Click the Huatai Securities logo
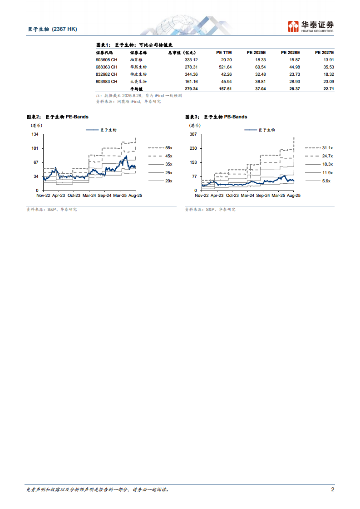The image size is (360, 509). (x=311, y=26)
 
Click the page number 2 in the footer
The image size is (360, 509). (x=332, y=489)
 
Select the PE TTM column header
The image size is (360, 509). (x=224, y=53)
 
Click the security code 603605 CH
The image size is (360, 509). (x=107, y=60)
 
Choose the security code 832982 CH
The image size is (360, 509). (x=107, y=74)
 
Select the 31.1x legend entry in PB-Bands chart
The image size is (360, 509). (x=327, y=148)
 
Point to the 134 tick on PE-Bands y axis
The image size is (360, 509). (x=35, y=134)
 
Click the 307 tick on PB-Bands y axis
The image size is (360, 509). (x=193, y=134)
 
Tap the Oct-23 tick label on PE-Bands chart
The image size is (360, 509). (x=74, y=195)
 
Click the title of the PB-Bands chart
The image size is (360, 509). (x=216, y=117)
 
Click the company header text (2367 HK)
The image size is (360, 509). (x=64, y=29)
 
